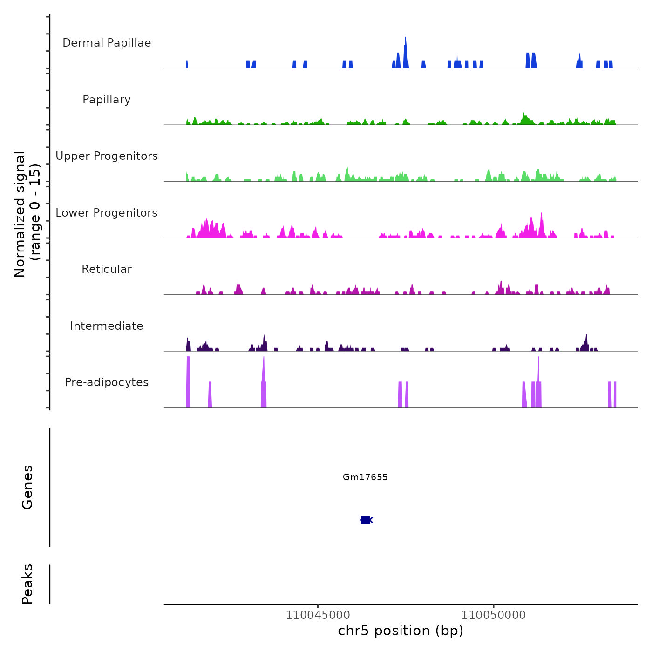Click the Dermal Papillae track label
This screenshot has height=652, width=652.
pos(107,43)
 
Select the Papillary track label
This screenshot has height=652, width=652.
pos(107,100)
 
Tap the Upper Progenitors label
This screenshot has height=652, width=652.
pos(107,156)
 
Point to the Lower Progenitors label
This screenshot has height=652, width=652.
pos(107,213)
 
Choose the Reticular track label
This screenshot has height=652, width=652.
pos(107,269)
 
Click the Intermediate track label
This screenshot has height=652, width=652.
pos(107,326)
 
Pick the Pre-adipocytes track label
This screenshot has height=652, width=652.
pos(107,382)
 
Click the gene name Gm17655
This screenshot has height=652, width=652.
pos(365,477)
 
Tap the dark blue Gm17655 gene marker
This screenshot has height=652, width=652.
pos(366,520)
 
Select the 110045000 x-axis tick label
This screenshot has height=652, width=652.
pos(318,615)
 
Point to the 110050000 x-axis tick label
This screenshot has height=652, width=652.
pos(494,615)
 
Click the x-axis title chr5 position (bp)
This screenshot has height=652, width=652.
pos(401,631)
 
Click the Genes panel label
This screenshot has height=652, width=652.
pos(27,487)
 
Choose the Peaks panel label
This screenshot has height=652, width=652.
pos(27,584)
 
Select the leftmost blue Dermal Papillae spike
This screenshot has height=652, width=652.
pos(187,64)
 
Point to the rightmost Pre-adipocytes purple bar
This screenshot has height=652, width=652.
pos(615,395)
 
